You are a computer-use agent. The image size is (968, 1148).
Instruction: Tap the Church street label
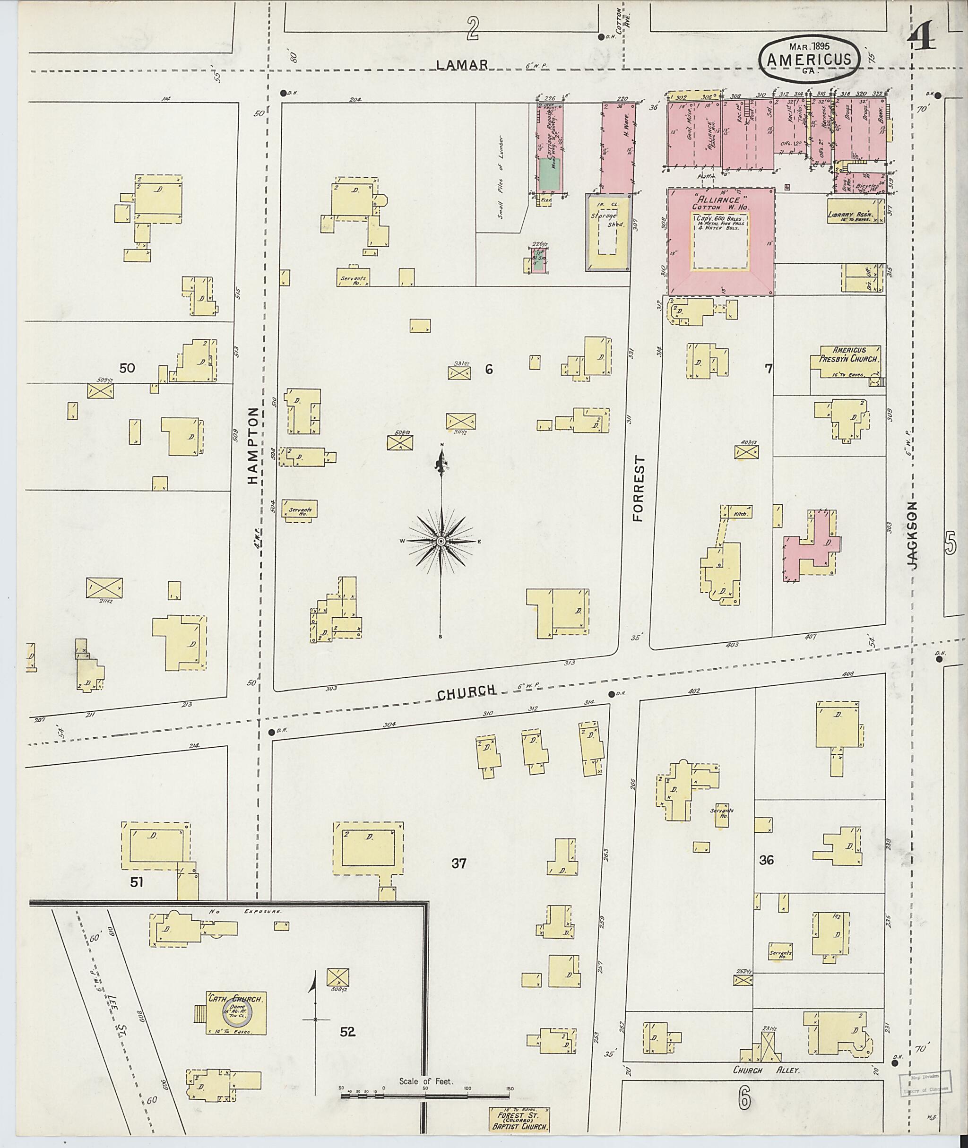(466, 692)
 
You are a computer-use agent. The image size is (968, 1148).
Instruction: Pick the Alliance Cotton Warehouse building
(720, 242)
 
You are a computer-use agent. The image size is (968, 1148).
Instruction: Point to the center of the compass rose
(440, 542)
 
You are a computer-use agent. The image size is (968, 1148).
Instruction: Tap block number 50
(127, 368)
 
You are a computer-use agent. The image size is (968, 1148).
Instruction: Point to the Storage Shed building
(608, 232)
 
